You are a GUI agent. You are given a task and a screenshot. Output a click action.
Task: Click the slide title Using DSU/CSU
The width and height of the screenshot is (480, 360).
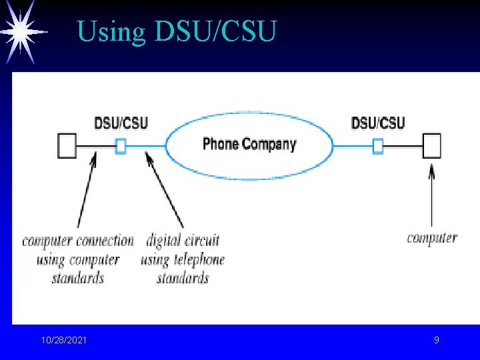[176, 31]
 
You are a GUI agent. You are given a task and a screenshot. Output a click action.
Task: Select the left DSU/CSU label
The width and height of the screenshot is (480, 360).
[121, 123]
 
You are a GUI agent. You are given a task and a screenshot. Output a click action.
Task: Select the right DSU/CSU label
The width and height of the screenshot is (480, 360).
[377, 123]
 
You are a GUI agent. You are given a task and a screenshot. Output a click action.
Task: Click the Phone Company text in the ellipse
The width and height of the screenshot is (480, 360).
[249, 144]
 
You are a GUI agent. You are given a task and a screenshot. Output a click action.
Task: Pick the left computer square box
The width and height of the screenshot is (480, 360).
[67, 145]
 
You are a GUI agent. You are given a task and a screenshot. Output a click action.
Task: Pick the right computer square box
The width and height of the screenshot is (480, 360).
[431, 145]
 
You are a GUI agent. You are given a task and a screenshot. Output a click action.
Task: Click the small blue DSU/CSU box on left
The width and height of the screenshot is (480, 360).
[121, 146]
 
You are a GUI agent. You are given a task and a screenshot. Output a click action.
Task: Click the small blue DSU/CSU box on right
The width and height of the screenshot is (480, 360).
[377, 145]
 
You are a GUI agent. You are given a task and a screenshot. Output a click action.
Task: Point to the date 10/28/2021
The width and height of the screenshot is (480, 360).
[63, 341]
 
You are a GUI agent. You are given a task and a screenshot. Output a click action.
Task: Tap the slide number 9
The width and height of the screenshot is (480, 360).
[437, 341]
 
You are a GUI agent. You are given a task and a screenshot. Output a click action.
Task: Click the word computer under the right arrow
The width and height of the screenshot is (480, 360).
[432, 238]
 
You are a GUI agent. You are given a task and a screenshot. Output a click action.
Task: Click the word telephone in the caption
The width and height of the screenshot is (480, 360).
[198, 259]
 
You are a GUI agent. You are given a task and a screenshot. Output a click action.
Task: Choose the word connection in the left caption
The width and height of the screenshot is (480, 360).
[105, 240]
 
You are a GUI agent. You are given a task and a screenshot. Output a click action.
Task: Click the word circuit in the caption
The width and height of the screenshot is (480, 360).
[202, 240]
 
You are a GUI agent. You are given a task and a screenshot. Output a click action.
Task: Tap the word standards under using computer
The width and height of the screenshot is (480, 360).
[78, 277]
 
